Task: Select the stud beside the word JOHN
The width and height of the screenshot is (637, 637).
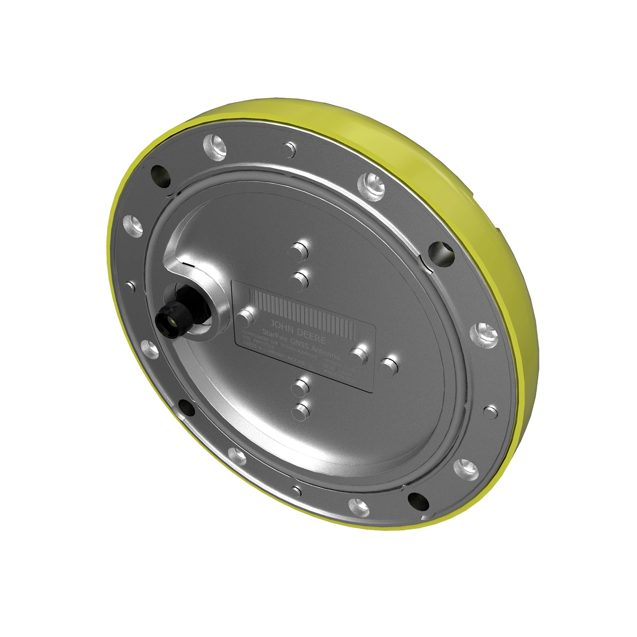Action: click(245, 318)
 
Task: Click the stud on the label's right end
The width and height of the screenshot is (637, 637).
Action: click(361, 353)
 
